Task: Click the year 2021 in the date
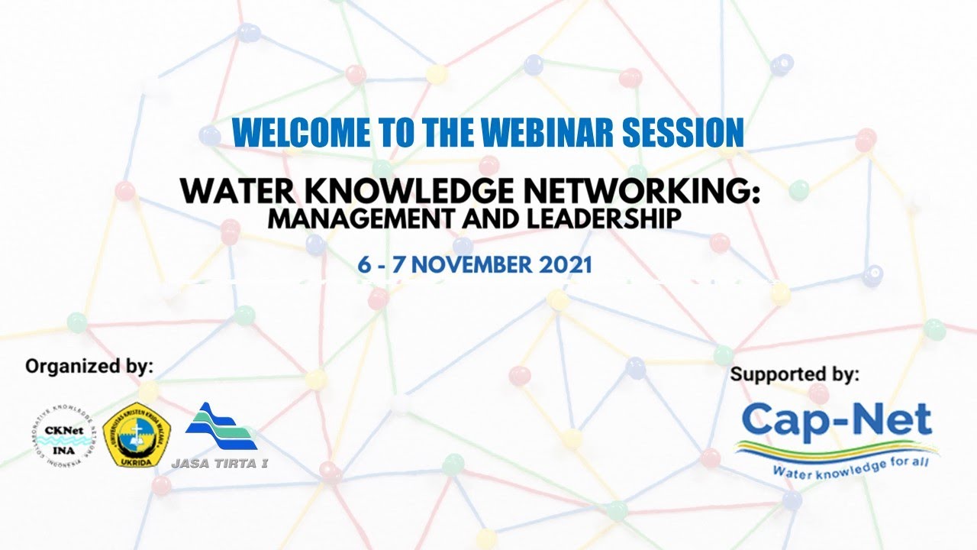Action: (x=566, y=265)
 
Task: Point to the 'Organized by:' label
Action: (x=89, y=366)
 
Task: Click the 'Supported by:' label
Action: (x=795, y=374)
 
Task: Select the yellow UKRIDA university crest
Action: (x=136, y=435)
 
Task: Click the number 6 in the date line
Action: (x=364, y=265)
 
